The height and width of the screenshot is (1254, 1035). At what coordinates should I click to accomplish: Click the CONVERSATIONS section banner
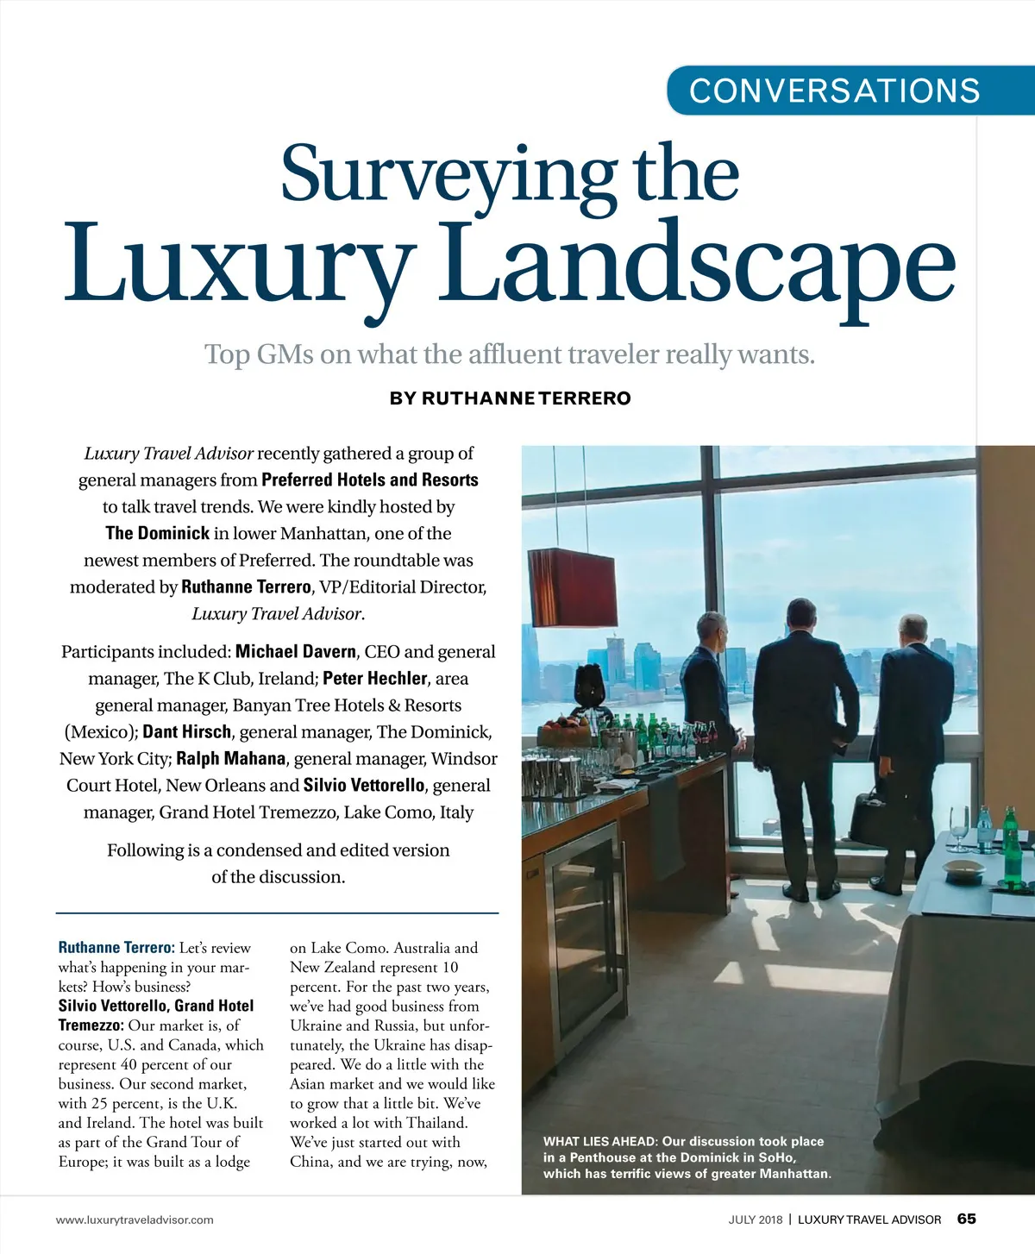click(834, 91)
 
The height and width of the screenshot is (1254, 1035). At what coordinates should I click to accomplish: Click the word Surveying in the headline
click(448, 175)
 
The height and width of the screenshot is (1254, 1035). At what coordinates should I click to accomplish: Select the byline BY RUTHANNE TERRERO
click(511, 398)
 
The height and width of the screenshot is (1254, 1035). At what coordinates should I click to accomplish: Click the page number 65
click(966, 1219)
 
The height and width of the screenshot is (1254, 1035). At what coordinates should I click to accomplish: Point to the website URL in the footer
click(135, 1220)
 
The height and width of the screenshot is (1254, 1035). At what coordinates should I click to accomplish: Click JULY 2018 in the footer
click(756, 1220)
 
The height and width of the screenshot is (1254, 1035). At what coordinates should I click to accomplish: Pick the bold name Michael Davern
click(296, 652)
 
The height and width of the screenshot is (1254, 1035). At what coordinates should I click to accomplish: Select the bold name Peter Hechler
click(375, 679)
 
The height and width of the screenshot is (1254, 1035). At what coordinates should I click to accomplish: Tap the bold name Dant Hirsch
click(187, 732)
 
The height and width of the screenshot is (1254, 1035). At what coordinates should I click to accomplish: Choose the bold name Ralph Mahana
click(230, 759)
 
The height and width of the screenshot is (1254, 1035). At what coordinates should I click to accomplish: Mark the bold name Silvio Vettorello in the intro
click(364, 786)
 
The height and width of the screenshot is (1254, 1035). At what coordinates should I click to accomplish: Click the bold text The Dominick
click(158, 533)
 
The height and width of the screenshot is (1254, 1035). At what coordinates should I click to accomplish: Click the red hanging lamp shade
click(572, 586)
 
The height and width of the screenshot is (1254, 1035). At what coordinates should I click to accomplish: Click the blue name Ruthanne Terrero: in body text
click(116, 948)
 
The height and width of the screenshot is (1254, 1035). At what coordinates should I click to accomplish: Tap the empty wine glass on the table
click(959, 823)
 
